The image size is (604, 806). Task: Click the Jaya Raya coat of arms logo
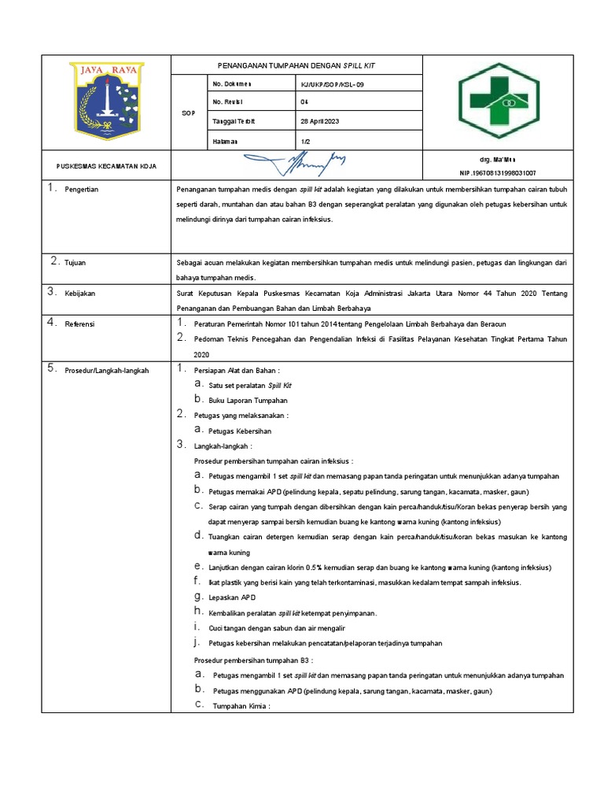pos(106,101)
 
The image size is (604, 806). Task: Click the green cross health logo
pos(499,101)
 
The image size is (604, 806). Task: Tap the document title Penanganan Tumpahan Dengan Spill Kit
pos(296,65)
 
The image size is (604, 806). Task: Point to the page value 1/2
pos(305,141)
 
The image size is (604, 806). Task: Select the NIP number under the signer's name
pos(498,172)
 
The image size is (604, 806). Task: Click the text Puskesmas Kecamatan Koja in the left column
pos(106,166)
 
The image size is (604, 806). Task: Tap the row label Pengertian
pos(82,190)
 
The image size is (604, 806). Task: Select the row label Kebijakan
pos(80,293)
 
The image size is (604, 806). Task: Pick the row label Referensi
pos(80,324)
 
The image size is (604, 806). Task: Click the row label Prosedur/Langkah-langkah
pos(106,370)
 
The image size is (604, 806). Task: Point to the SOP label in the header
pos(188,113)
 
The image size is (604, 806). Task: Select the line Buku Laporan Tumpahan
pos(248,400)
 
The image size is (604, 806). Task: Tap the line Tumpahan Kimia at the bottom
pos(241,706)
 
